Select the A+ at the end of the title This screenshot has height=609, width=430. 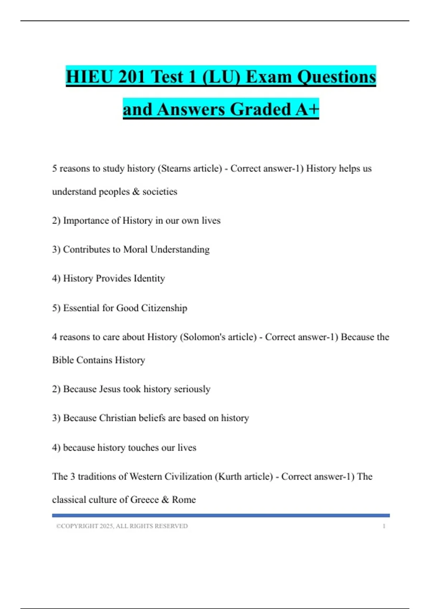pos(307,109)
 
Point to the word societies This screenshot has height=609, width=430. pos(160,192)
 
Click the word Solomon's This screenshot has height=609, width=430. pos(201,337)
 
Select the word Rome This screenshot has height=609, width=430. pos(184,500)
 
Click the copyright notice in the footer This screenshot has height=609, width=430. pos(122,526)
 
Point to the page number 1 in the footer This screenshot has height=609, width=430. pos(384,526)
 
